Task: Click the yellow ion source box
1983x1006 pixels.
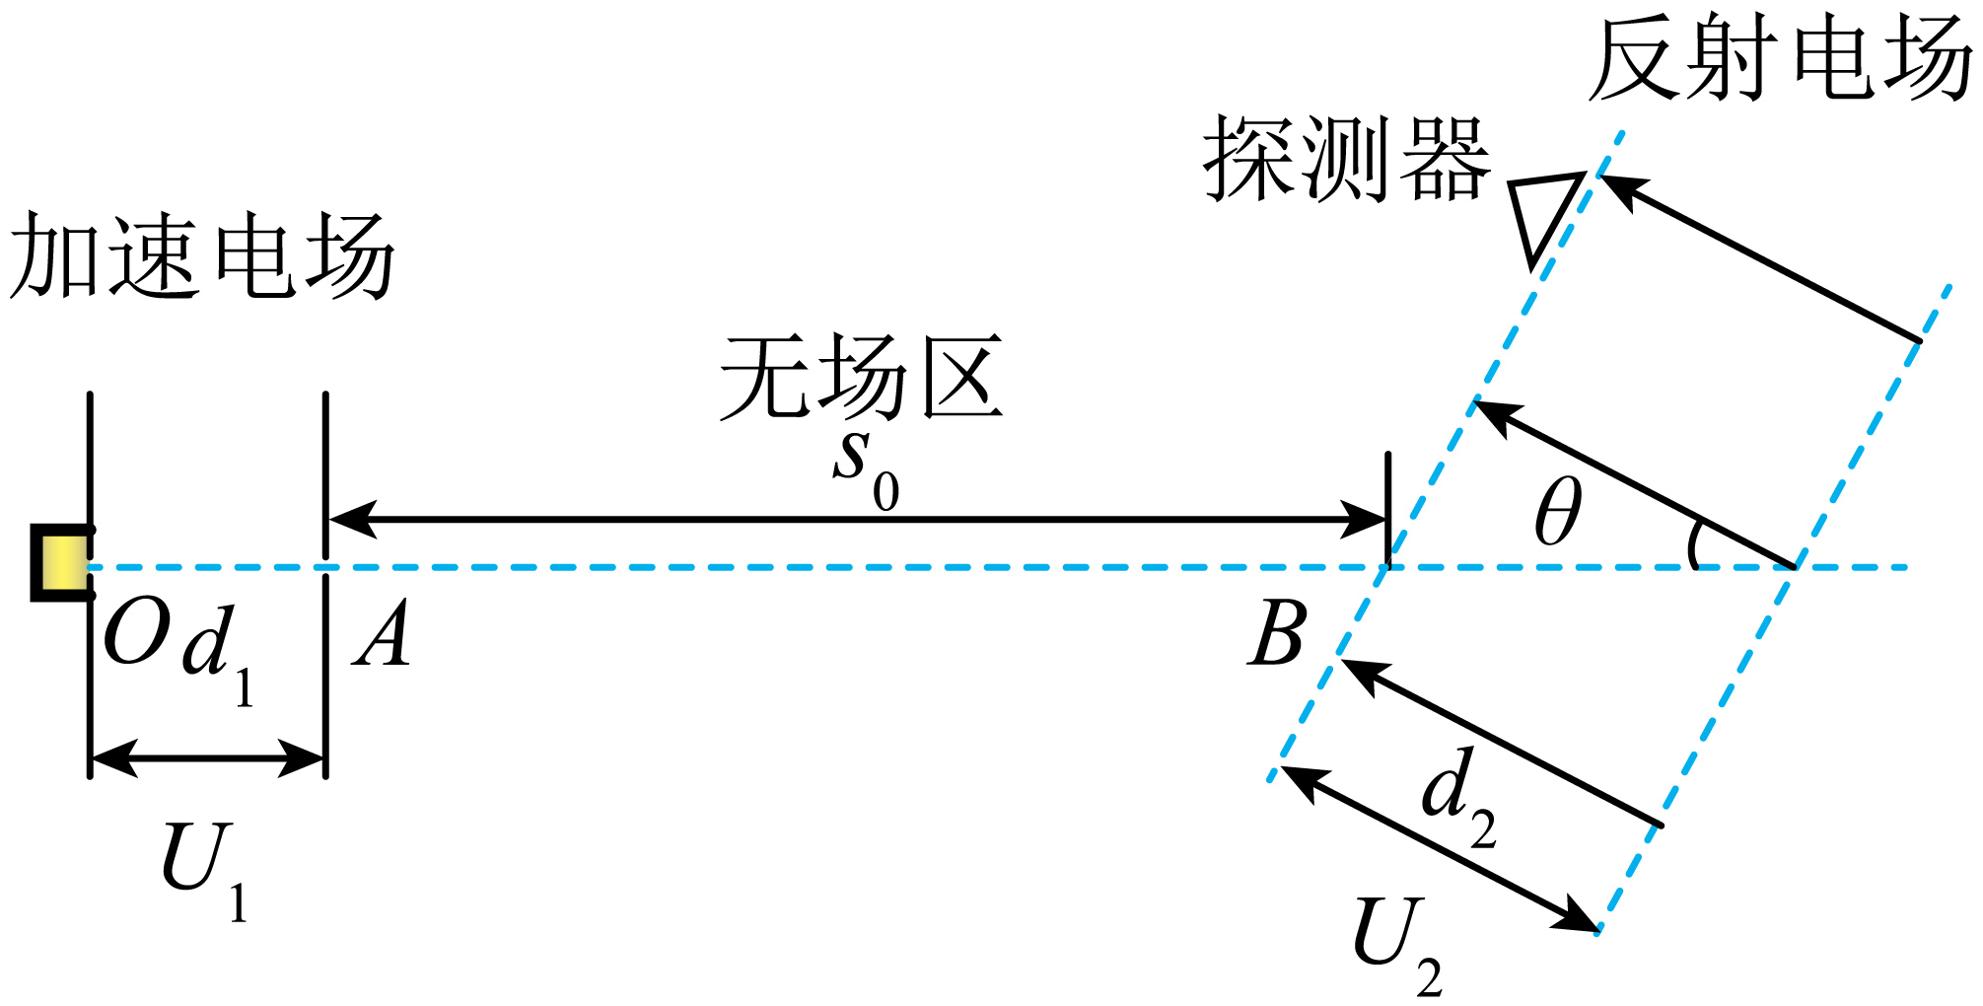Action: point(62,563)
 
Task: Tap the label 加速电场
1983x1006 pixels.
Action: point(202,256)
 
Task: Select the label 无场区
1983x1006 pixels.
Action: point(861,377)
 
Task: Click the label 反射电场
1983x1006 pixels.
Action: point(1780,58)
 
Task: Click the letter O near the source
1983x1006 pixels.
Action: point(137,633)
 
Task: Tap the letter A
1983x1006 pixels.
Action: point(382,634)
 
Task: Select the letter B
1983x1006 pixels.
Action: point(1277,633)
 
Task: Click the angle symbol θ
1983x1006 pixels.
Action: point(1558,511)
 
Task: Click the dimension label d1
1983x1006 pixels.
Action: point(217,651)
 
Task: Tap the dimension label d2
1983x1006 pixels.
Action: point(1458,796)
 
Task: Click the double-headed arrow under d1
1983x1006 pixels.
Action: point(208,759)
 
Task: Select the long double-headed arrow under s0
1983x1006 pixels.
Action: point(857,519)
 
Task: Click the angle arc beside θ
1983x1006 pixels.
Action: point(1694,545)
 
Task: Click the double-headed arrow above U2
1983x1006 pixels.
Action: point(1439,849)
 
